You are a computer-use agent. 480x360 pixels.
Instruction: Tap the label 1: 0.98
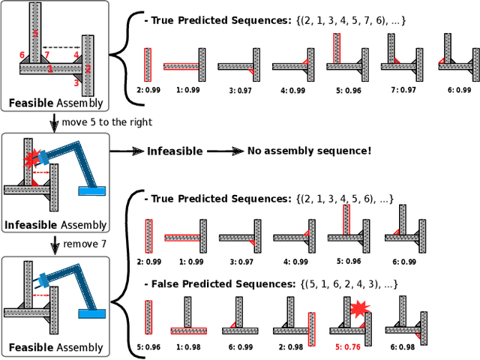click(185, 347)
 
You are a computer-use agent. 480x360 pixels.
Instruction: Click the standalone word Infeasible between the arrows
click(174, 151)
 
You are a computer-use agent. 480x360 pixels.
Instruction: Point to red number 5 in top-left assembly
click(34, 34)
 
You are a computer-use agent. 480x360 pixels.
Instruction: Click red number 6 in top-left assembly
click(22, 55)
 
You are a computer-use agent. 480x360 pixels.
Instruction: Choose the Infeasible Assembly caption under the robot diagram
click(55, 224)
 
